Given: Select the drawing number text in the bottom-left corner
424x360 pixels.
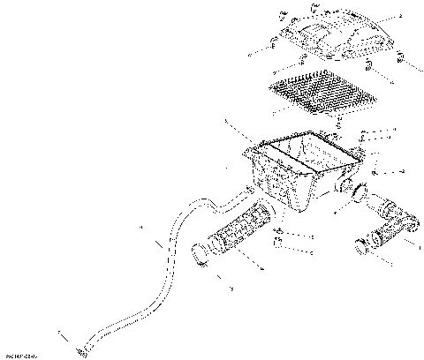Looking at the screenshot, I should (21, 356).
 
